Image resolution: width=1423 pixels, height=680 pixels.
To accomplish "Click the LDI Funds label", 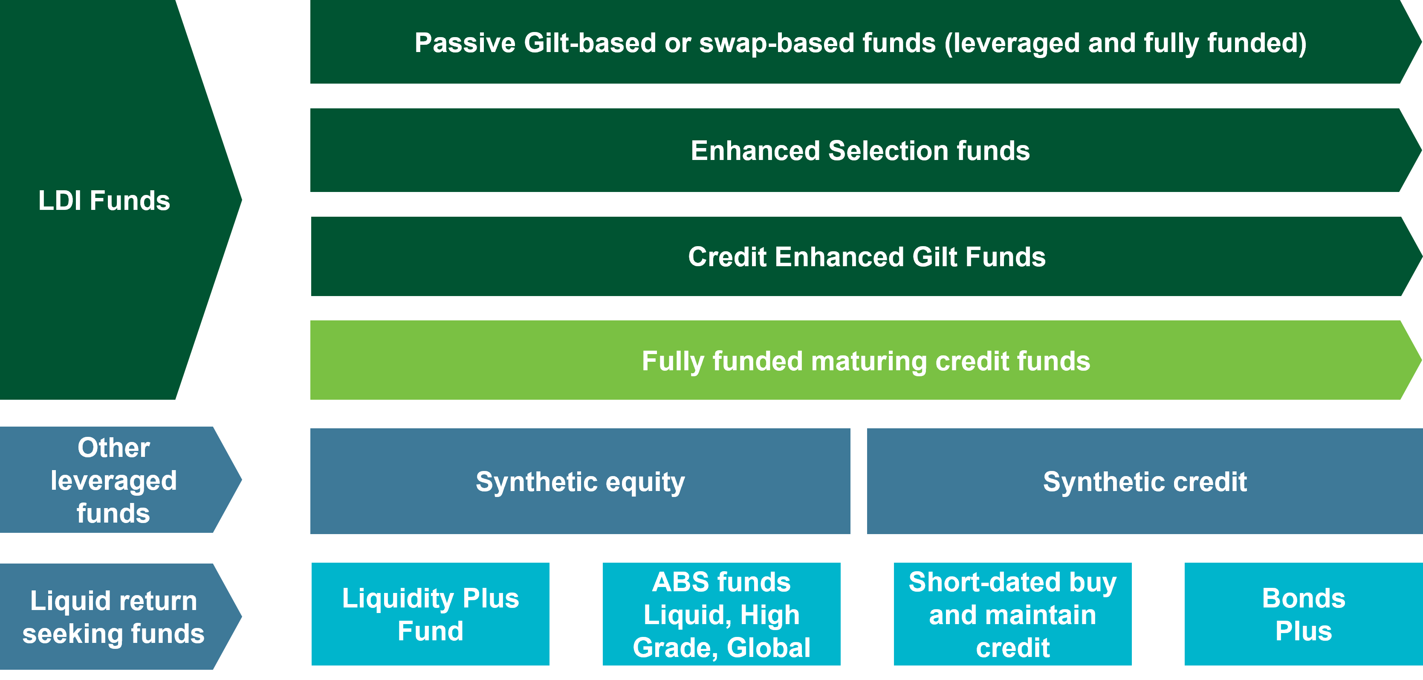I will (104, 200).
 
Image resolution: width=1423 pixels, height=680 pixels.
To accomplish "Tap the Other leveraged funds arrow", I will (114, 480).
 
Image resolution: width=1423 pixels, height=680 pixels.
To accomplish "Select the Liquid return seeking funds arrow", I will (114, 616).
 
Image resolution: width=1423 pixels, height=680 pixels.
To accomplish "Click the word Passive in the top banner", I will (465, 43).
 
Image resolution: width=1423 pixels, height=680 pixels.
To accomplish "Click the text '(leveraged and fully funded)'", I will (1125, 43).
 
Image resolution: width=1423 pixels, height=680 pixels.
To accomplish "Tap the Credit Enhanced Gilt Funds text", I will (866, 256).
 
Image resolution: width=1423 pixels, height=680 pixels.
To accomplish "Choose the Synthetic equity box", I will (580, 481).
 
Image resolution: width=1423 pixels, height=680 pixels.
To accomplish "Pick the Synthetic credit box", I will (1145, 481).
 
